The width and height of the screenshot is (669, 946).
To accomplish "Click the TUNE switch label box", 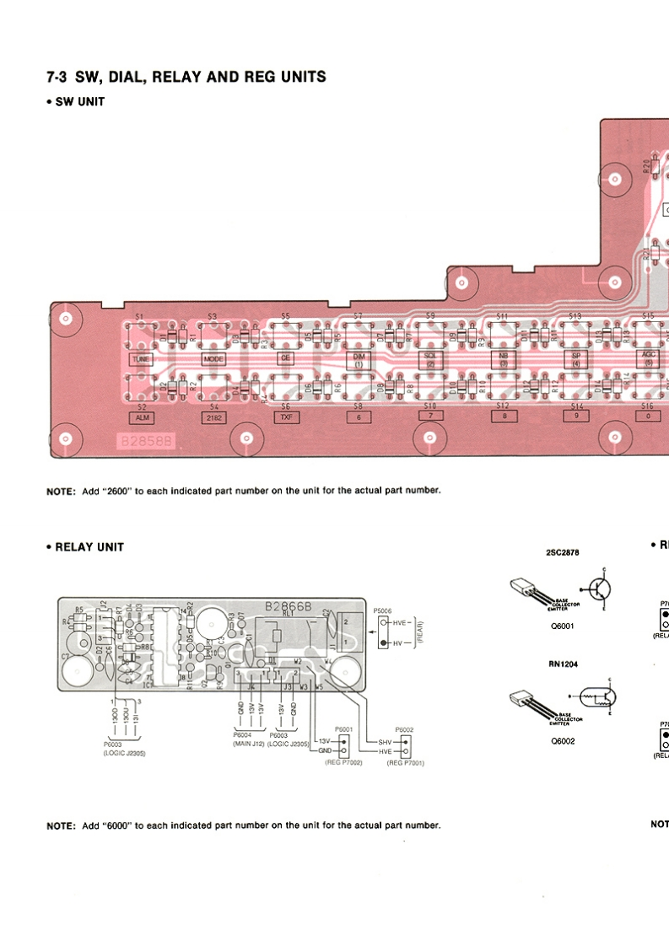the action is point(139,357).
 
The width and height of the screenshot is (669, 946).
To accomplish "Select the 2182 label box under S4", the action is point(214,417).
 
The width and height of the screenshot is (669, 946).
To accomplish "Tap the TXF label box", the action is point(285,417).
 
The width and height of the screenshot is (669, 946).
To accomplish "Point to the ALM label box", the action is point(140,417).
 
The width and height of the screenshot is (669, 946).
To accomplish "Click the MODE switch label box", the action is point(213,357).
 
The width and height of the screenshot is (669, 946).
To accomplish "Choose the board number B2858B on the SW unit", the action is point(147,441).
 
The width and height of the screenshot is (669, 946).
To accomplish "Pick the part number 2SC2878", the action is point(563,553).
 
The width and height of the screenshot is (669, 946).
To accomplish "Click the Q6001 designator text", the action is point(562,626).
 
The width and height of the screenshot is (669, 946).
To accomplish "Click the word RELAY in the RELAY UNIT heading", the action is point(78,547).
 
